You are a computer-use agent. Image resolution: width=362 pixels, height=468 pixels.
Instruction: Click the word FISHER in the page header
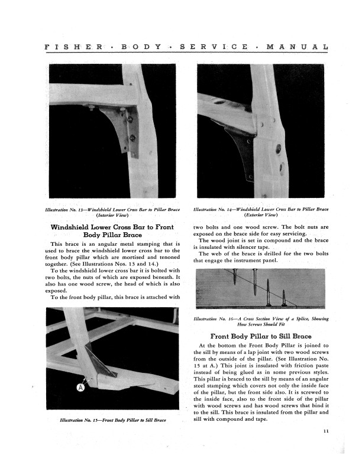pos(70,45)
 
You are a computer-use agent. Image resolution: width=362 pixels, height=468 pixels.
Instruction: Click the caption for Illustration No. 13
pos(112,212)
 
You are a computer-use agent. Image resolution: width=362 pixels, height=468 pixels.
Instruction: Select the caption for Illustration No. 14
pos(261,212)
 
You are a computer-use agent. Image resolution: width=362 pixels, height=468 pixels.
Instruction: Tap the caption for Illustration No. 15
pos(112,420)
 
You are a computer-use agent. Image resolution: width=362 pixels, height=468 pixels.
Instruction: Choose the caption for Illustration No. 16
pos(261,321)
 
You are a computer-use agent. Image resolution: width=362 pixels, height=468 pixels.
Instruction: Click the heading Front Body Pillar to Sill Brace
pos(261,336)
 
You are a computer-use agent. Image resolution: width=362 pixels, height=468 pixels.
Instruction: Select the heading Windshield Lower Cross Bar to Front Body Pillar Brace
pos(112,230)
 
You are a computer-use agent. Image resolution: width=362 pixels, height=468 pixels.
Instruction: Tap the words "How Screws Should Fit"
pos(261,325)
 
